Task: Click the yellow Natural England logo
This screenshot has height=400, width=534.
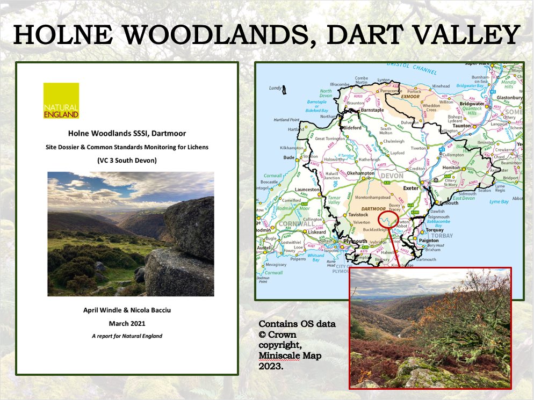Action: coord(61,100)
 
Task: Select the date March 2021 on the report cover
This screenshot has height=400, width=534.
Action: coord(127,323)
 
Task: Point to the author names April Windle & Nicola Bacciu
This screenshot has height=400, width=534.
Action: coord(127,310)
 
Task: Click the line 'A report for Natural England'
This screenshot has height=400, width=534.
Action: coord(127,336)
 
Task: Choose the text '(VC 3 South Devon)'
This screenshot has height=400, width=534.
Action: coord(127,160)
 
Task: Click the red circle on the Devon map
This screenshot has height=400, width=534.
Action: coord(389,221)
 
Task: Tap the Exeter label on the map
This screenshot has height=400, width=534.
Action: coord(410,189)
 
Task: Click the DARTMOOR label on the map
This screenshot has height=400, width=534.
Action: coord(374,208)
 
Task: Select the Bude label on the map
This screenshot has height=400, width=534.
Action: coord(289,158)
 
